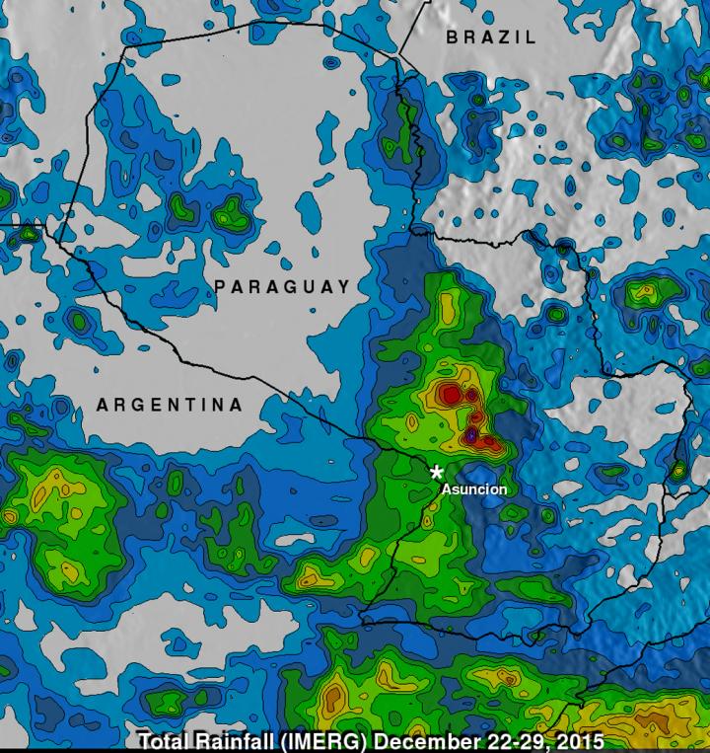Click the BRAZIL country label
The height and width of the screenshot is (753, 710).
(x=491, y=38)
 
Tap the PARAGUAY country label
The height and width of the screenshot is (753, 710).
(x=282, y=287)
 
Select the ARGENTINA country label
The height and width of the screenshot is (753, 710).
(x=169, y=405)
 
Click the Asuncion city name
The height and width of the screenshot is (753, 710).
(x=474, y=489)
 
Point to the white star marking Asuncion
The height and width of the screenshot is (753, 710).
(x=437, y=472)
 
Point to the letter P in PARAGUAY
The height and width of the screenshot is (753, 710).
(x=221, y=287)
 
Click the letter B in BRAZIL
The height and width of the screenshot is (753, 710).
(x=453, y=38)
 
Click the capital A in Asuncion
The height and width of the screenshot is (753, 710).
(x=446, y=489)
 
